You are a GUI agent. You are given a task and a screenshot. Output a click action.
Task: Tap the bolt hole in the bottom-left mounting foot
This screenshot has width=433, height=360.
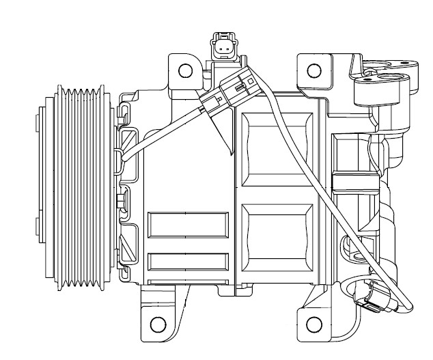click(158, 322)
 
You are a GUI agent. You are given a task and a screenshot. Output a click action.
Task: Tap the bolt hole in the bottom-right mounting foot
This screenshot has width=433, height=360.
click(314, 322)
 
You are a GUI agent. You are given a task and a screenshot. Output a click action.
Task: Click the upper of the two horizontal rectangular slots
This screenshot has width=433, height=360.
click(188, 225)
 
